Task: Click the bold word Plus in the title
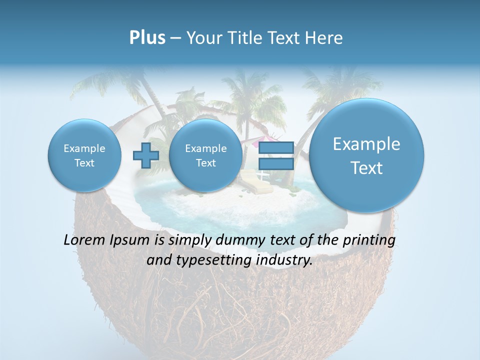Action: coord(147,38)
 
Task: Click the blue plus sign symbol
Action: coord(146,155)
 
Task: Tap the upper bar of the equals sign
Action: coord(276,147)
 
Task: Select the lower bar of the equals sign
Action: coord(276,163)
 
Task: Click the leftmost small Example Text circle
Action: coord(84,155)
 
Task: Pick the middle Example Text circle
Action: coord(205,155)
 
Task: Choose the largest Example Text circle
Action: coord(366,155)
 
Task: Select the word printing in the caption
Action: coord(369,240)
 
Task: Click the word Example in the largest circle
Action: coord(366,144)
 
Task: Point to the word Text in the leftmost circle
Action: coord(84,163)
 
